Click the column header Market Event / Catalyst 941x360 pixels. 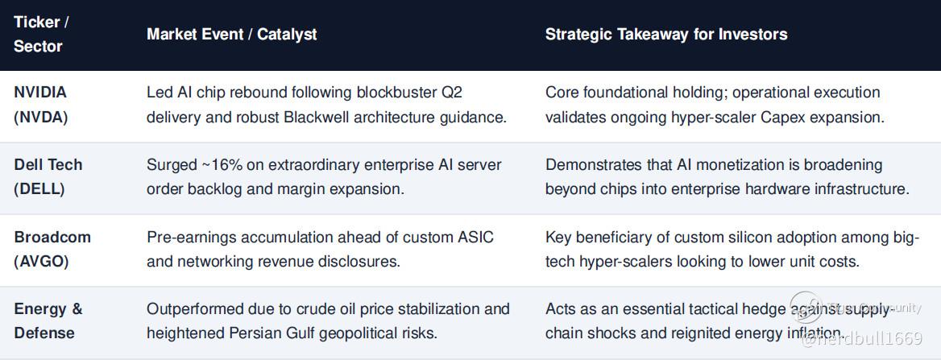(x=232, y=34)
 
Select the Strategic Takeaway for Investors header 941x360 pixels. (x=666, y=34)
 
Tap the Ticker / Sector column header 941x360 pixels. (x=41, y=34)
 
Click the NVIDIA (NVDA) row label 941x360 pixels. (x=41, y=105)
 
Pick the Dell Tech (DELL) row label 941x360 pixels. (x=48, y=176)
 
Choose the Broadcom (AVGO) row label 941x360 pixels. (x=52, y=248)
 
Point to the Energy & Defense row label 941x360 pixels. (x=48, y=321)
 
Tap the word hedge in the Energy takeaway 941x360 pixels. (x=764, y=309)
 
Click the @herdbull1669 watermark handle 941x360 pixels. (x=862, y=340)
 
